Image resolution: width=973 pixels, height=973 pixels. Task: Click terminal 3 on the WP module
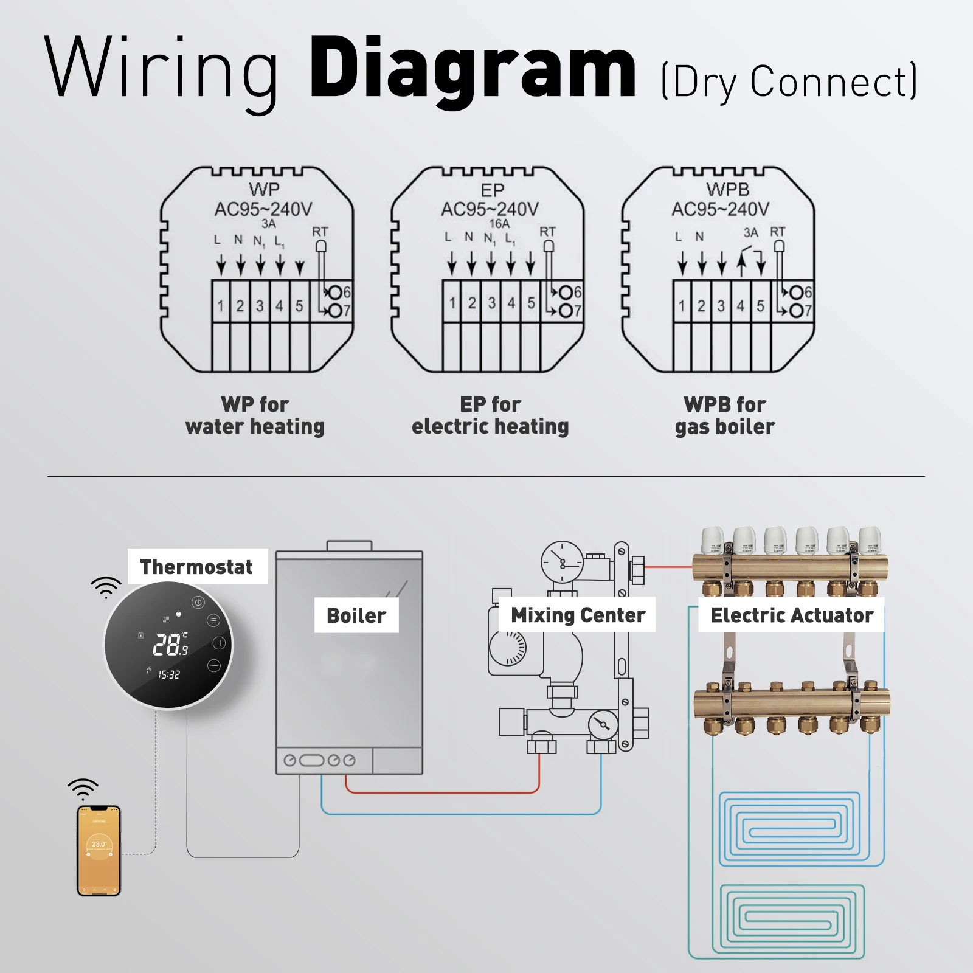click(260, 305)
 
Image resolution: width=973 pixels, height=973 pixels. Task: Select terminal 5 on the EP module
click(531, 303)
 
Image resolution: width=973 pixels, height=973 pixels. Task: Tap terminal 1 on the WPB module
click(682, 305)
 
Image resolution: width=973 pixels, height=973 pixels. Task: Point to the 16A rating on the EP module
click(499, 223)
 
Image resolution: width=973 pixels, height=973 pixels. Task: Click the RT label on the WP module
click(320, 232)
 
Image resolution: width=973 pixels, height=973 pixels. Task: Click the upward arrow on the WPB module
click(741, 263)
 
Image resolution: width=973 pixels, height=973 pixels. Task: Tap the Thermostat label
click(196, 567)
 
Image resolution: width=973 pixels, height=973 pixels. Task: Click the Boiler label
click(356, 615)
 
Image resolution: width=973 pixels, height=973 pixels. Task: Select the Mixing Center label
click(578, 615)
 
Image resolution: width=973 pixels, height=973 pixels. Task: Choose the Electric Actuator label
click(791, 615)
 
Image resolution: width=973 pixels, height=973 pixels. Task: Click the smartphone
click(99, 850)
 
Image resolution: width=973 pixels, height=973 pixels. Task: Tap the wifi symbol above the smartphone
click(83, 789)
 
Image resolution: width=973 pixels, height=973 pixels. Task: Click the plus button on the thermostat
click(220, 643)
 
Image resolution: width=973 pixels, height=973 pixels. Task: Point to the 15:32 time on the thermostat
click(169, 674)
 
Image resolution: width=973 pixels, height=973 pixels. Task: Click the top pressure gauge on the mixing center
click(562, 562)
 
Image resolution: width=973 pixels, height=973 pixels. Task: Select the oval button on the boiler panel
click(311, 760)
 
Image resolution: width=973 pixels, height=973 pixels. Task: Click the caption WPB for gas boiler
click(725, 415)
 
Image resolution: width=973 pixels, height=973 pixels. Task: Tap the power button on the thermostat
click(198, 603)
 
